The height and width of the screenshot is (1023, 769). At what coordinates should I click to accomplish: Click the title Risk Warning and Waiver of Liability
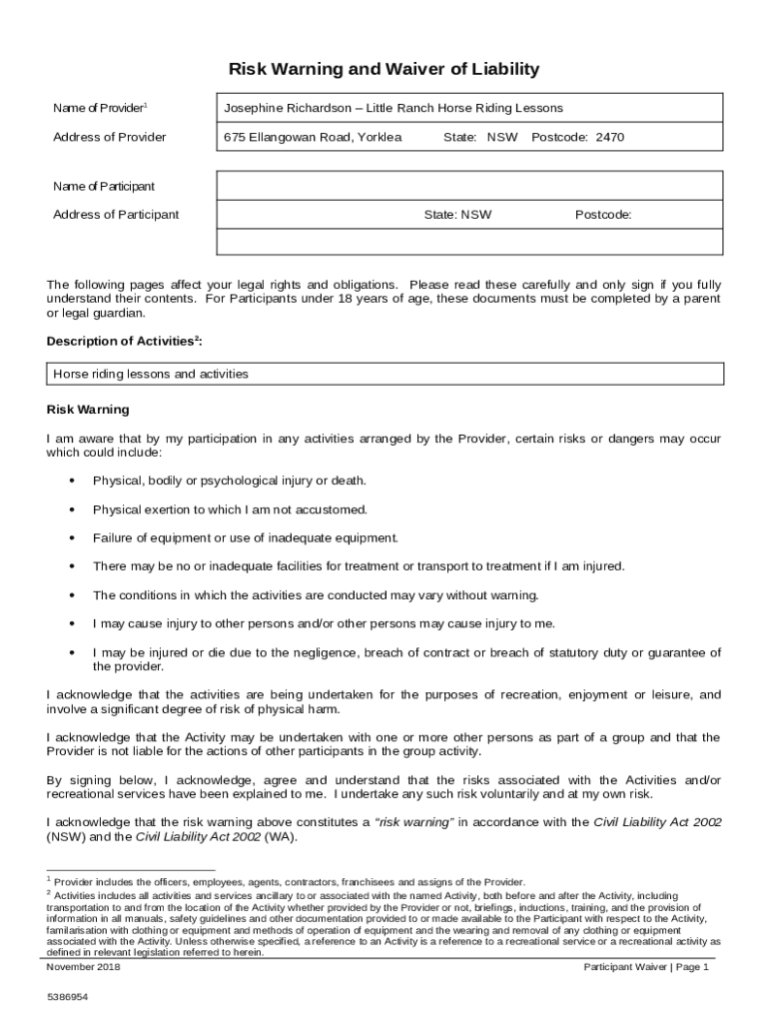[384, 69]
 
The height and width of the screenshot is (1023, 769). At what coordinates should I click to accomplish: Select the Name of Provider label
[100, 108]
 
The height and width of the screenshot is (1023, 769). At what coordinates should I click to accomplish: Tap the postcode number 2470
[609, 137]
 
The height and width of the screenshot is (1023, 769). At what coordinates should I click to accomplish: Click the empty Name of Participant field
[469, 186]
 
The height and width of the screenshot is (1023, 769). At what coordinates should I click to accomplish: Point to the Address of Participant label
[116, 215]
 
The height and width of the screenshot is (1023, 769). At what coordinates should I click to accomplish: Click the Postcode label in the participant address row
[602, 215]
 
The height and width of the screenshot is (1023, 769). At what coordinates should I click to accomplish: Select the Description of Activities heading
[125, 342]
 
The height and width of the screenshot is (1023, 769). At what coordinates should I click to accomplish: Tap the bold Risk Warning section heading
[88, 410]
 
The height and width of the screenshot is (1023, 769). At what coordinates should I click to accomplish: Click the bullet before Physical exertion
[72, 510]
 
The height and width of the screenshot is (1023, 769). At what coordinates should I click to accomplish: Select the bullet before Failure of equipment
[72, 538]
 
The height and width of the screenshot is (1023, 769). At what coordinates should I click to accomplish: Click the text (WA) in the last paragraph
[280, 837]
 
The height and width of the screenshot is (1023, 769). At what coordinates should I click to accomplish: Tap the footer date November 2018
[84, 967]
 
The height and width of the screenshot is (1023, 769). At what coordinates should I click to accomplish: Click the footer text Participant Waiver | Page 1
[646, 967]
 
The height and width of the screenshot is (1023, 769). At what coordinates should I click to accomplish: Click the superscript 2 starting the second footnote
[49, 892]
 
